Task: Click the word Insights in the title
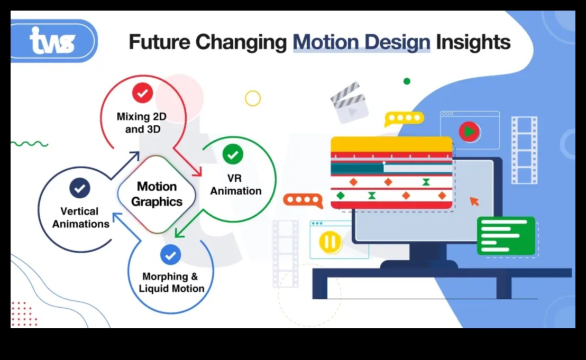473,42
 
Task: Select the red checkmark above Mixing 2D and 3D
142,93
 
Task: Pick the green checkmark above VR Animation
233,154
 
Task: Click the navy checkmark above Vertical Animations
80,188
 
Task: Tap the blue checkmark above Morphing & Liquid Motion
170,255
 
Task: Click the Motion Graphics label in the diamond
157,194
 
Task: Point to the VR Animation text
236,184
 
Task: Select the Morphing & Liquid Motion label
171,282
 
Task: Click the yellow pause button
331,242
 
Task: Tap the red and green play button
470,132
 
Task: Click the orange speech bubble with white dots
303,200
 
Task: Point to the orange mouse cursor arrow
474,201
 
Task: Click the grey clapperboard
349,103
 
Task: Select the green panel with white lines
506,236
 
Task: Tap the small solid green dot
407,81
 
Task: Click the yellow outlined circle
253,98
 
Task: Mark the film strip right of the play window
524,150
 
